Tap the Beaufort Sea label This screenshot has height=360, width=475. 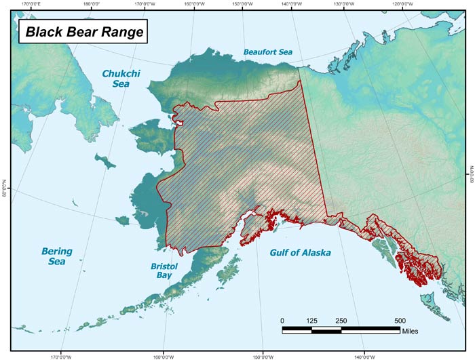click(269, 52)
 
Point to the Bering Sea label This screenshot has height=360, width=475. click(56, 257)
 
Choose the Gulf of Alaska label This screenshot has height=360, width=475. click(300, 253)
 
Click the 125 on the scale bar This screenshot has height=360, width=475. click(311, 321)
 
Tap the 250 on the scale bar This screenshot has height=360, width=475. click(341, 321)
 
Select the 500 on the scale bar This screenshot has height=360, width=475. click(400, 321)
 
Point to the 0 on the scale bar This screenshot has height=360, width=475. click(282, 321)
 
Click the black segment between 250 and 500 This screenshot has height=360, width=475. click(370, 330)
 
